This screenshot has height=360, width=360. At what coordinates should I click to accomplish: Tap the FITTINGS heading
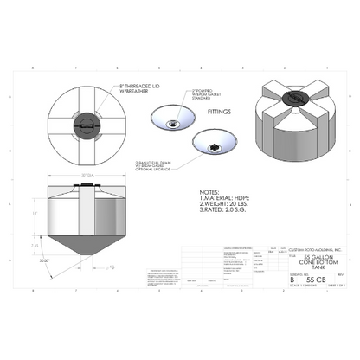tap(220, 122)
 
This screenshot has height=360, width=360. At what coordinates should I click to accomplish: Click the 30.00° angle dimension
tap(45, 260)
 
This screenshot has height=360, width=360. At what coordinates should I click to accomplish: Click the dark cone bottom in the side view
tap(87, 247)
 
